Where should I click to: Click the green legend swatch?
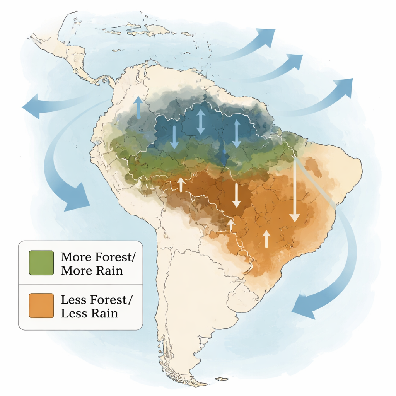(x=41, y=263)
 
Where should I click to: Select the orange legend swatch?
(x=41, y=306)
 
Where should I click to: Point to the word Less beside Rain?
(x=75, y=313)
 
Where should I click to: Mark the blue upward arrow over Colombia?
(x=138, y=107)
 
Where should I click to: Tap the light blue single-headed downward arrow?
(x=174, y=137)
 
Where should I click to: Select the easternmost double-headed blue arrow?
(x=236, y=133)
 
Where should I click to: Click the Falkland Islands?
(x=221, y=379)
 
